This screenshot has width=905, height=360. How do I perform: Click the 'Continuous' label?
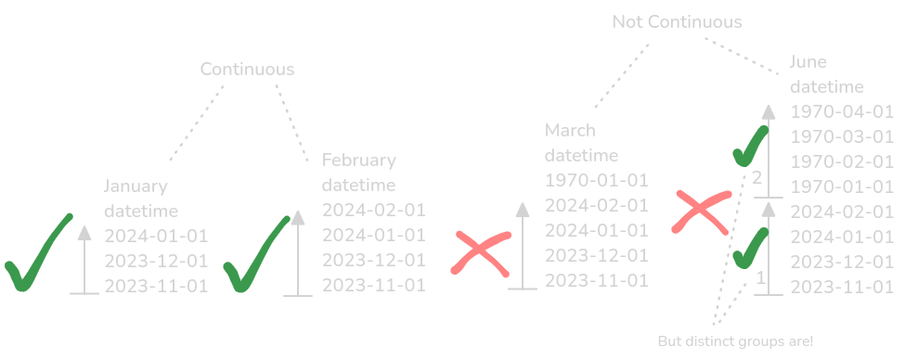(247, 70)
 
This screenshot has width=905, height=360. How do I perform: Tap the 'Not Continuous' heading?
(677, 21)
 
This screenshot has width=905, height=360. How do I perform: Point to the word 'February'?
(359, 161)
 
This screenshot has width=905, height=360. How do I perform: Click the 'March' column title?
(570, 130)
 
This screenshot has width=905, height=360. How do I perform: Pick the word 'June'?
(808, 62)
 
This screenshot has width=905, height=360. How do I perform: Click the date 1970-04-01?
(841, 112)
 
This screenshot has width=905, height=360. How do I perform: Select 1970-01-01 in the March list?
(596, 180)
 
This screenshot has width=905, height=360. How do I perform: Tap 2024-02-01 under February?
(373, 211)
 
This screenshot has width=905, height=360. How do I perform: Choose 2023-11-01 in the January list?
(156, 286)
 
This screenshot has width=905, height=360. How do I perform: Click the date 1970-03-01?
(841, 137)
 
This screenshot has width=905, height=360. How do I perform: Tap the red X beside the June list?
(703, 212)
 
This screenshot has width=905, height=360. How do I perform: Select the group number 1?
(762, 276)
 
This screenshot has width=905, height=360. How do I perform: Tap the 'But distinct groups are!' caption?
(734, 341)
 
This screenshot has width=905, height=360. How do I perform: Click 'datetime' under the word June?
(826, 87)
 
